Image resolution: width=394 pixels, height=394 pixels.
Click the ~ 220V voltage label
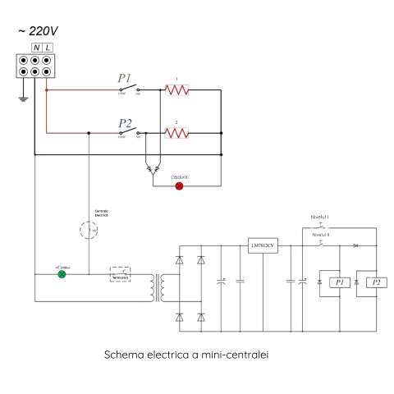[x=38, y=32]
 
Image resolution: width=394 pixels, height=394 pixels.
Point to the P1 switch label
[x=126, y=79]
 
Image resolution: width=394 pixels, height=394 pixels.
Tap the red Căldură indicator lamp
[x=180, y=186]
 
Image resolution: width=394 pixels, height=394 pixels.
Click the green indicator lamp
[x=62, y=274]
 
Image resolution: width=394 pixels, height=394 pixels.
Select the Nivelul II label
[x=321, y=234]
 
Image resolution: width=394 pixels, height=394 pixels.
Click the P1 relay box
[x=339, y=282]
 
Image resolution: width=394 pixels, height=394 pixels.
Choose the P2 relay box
[x=376, y=282]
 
